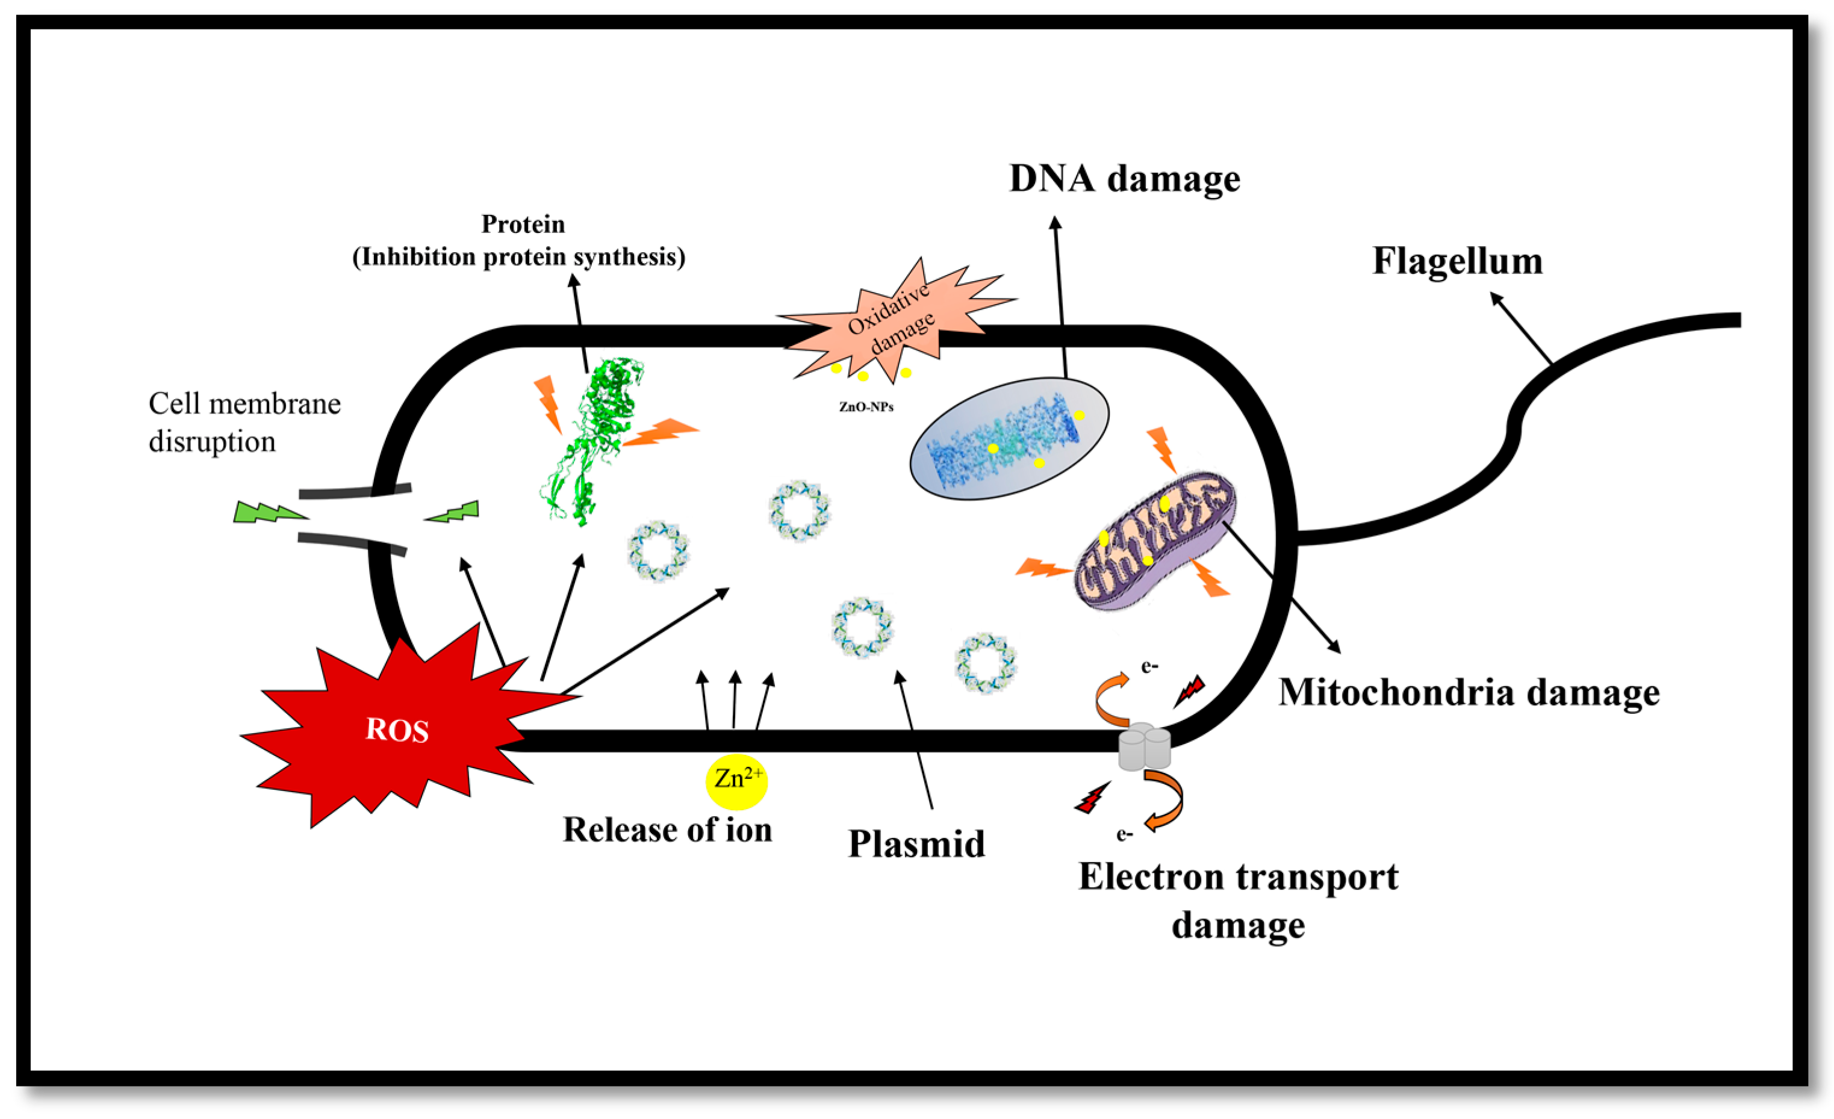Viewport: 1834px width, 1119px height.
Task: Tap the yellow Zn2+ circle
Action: tap(736, 781)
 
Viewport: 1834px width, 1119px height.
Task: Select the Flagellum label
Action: tap(1456, 261)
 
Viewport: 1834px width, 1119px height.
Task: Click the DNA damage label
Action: tap(1124, 179)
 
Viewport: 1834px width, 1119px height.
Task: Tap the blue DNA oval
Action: tap(1009, 439)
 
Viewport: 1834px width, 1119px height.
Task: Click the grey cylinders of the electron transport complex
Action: tap(1144, 747)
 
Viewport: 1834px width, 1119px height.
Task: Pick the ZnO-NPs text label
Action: tap(866, 407)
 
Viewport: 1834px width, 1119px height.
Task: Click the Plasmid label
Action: tap(916, 844)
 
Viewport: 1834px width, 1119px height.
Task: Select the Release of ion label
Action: tap(667, 829)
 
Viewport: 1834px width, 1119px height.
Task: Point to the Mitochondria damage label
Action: tap(1469, 693)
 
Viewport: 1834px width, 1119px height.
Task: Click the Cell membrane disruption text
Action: tap(244, 422)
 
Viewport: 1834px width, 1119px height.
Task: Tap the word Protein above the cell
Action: tap(523, 224)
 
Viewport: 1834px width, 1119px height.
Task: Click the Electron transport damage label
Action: tap(1238, 900)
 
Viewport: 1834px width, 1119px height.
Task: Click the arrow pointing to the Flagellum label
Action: tap(1522, 327)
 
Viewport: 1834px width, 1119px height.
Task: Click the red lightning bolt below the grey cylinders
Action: tap(1092, 798)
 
